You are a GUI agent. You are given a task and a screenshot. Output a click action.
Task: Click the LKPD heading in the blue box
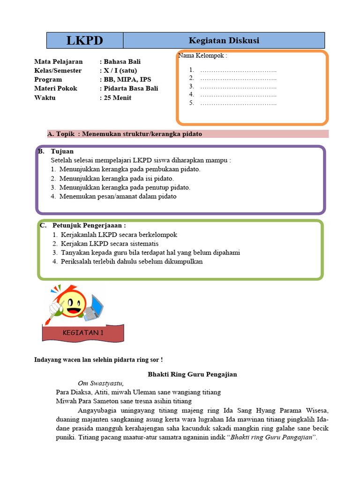coord(85,40)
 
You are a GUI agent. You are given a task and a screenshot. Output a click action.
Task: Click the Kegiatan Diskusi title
coord(224,40)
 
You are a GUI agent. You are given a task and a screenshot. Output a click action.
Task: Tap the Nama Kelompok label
coord(202,56)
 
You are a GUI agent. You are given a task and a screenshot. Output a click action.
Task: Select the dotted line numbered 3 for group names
coord(238,87)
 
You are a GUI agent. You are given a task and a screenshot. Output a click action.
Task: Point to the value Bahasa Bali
coord(122,61)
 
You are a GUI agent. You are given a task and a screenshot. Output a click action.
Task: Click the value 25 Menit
coord(118,97)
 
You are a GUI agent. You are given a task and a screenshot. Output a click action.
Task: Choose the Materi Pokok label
coord(56,88)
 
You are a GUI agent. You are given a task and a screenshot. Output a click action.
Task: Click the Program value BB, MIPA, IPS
coord(127,79)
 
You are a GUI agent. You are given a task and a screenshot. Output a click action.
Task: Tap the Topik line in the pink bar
coord(125,134)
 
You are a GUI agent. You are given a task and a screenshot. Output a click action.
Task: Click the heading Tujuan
coord(61,151)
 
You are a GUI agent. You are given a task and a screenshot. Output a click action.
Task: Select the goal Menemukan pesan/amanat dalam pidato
coord(118,196)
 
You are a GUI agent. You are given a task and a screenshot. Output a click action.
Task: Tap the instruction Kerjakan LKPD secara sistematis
coord(109,244)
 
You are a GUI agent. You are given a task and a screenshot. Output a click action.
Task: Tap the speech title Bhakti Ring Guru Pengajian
coord(192,374)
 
